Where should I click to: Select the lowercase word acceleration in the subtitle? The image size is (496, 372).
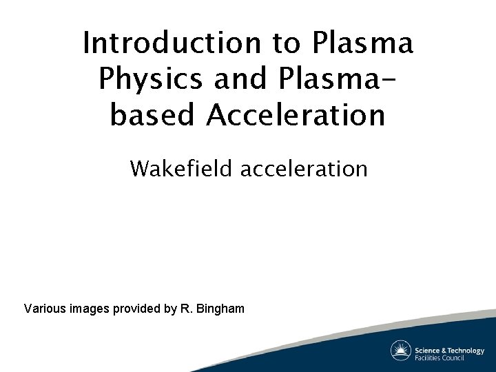(304, 168)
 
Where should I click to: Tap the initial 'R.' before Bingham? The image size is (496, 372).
(186, 309)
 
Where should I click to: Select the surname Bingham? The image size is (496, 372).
(220, 309)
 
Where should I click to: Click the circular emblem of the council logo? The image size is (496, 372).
(400, 351)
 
